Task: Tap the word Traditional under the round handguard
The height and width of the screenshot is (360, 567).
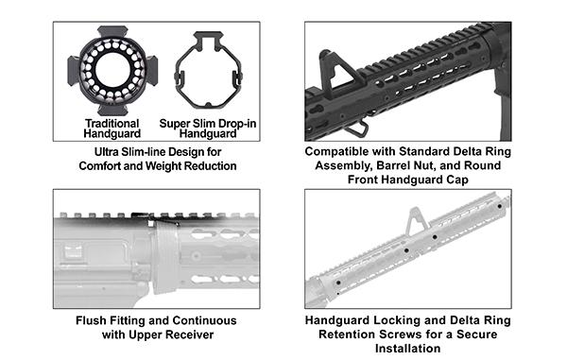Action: pos(112,124)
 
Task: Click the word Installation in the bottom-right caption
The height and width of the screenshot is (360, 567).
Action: pos(407,350)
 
